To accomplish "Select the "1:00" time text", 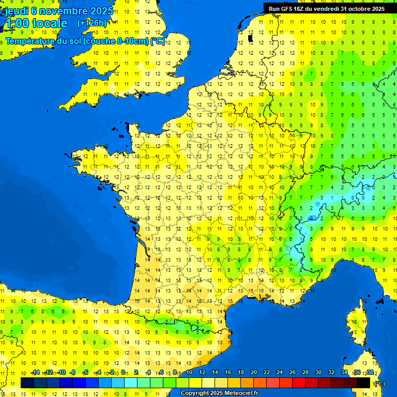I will click(16, 23).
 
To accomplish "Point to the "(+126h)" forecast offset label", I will click(92, 23).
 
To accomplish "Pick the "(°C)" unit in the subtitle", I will click(158, 41).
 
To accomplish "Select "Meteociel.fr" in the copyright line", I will click(238, 393).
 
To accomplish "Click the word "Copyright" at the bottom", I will click(194, 393).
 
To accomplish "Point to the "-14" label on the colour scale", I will click(35, 373).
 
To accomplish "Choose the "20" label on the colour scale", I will click(254, 373).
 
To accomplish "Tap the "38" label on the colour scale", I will click(370, 373).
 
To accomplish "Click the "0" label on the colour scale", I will click(123, 373).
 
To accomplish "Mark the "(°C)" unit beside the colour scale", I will click(379, 383).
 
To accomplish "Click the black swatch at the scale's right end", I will click(363, 383).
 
